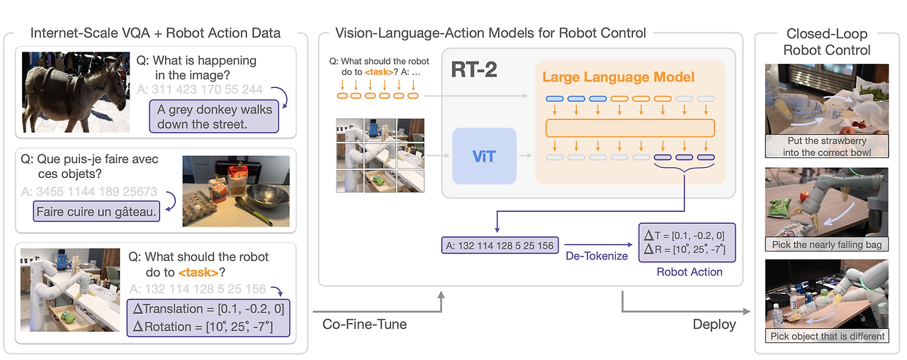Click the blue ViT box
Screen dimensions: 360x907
[484, 155]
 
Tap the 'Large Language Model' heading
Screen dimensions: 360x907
[618, 77]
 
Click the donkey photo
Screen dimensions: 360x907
[76, 91]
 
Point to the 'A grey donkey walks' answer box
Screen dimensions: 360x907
[215, 116]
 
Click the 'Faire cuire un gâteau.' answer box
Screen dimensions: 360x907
[96, 211]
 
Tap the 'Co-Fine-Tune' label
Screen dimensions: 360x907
[364, 324]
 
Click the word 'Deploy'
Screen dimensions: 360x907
[714, 324]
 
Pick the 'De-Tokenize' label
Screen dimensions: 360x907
[597, 255]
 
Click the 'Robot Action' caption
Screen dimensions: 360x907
[689, 271]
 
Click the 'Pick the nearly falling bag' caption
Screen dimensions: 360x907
[826, 244]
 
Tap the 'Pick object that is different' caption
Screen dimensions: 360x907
[826, 336]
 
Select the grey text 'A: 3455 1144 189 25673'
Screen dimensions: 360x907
[89, 191]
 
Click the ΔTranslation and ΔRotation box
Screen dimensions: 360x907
[208, 317]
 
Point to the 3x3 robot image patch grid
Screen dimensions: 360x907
[380, 155]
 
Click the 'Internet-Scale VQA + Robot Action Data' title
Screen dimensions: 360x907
[156, 33]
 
